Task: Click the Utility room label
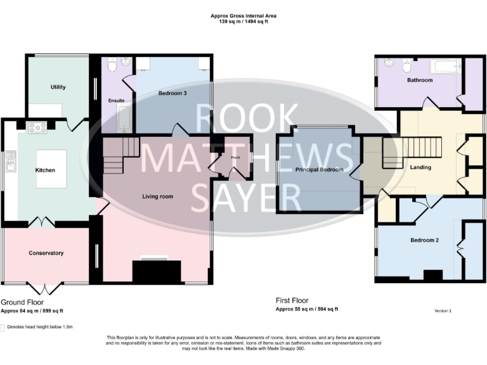(58, 87)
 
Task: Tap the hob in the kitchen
(37, 127)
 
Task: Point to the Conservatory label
(46, 253)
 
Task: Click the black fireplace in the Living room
(152, 271)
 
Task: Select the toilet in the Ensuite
(111, 65)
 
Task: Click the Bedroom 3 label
(172, 93)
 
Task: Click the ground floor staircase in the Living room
(120, 155)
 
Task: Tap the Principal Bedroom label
(319, 170)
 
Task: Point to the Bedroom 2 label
(424, 240)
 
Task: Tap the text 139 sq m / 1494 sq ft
(243, 22)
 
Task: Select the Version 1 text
(443, 311)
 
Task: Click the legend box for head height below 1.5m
(3, 328)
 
